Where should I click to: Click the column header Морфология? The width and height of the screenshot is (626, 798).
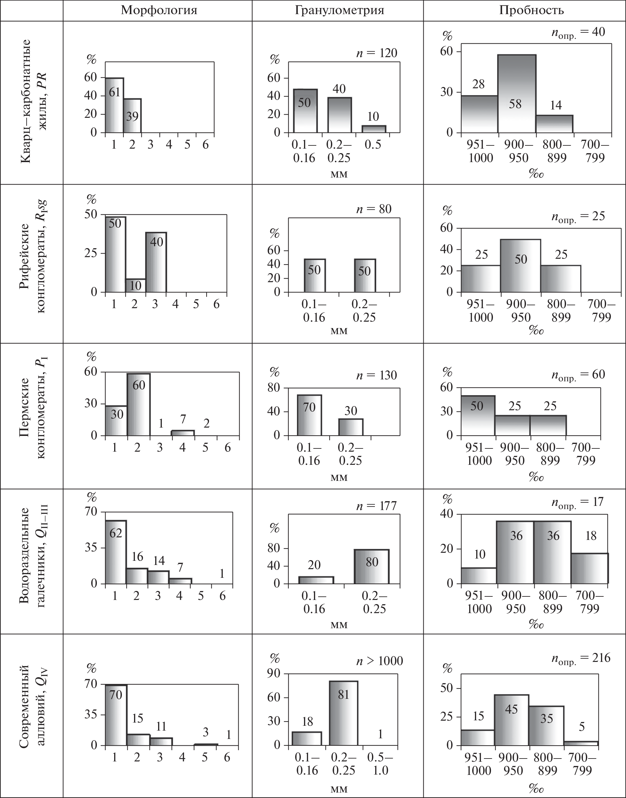click(x=159, y=10)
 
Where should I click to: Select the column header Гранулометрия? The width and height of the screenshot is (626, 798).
click(x=339, y=10)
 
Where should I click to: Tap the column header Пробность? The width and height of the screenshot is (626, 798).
click(x=531, y=10)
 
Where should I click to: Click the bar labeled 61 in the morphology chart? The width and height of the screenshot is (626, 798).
click(x=114, y=105)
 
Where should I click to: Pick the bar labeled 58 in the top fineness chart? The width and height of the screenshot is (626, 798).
click(x=516, y=93)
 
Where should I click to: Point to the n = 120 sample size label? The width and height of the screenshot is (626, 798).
click(x=376, y=53)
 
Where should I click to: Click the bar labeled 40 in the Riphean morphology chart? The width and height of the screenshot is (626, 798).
click(x=156, y=262)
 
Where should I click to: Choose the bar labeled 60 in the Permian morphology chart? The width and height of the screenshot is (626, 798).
click(x=138, y=404)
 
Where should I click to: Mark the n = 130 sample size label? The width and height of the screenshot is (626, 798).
click(x=376, y=375)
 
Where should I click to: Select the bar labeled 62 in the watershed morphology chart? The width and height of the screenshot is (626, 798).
click(x=116, y=552)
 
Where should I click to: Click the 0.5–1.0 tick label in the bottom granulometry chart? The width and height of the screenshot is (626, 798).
click(x=380, y=764)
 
